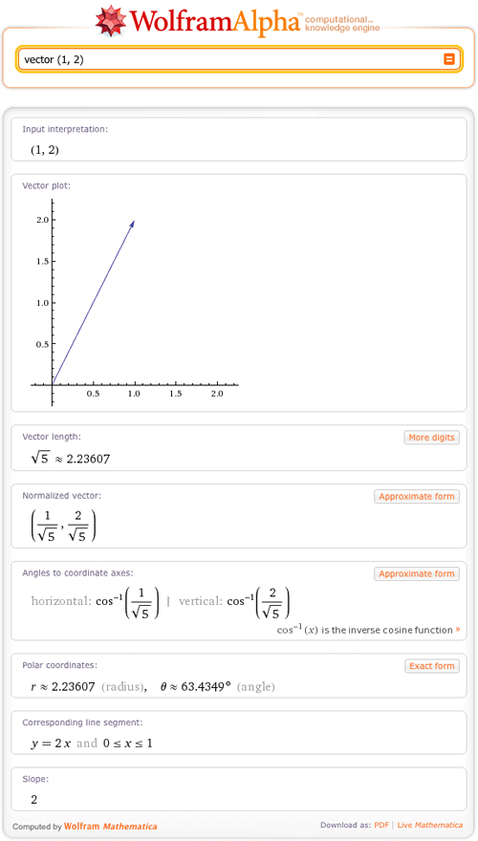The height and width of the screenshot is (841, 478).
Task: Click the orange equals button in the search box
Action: tap(448, 59)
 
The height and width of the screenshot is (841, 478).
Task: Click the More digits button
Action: tap(431, 438)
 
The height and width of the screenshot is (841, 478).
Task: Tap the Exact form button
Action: tap(432, 666)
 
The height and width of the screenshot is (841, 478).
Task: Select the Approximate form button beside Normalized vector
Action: tap(417, 497)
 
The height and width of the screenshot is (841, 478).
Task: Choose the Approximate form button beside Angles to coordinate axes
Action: tap(417, 574)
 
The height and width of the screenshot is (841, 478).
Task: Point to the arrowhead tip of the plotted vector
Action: tap(134, 221)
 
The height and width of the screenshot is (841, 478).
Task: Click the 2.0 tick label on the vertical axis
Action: tap(42, 220)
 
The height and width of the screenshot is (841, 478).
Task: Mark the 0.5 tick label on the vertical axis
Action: tap(42, 344)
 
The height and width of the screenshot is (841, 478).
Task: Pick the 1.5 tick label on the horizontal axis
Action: tap(176, 394)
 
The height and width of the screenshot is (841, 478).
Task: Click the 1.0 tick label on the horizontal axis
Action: tap(135, 394)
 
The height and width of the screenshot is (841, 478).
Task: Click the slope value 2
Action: tap(34, 799)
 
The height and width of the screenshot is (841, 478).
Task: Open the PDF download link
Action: tap(381, 826)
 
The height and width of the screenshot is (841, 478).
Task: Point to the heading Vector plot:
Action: tap(46, 185)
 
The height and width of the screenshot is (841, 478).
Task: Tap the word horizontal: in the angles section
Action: tap(61, 602)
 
